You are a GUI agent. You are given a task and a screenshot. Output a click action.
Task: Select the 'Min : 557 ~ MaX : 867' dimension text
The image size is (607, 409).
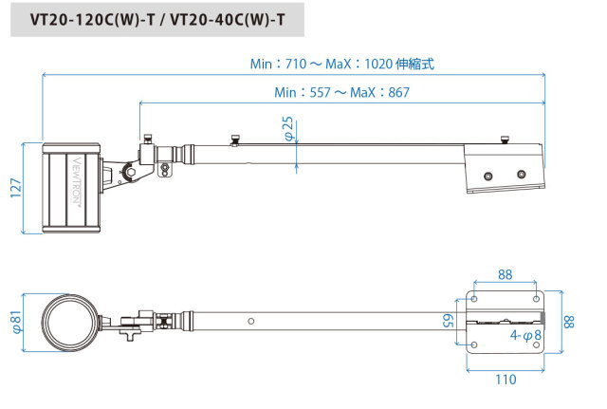tap(341, 92)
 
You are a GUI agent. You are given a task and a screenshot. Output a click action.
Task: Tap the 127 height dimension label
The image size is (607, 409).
tap(13, 188)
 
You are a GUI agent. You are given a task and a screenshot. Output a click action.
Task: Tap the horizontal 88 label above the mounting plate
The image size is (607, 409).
tap(505, 275)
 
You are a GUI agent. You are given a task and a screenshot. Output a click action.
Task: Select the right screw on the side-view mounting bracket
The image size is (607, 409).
tap(521, 175)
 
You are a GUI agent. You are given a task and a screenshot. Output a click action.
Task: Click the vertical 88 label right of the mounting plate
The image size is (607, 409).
tap(568, 322)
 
